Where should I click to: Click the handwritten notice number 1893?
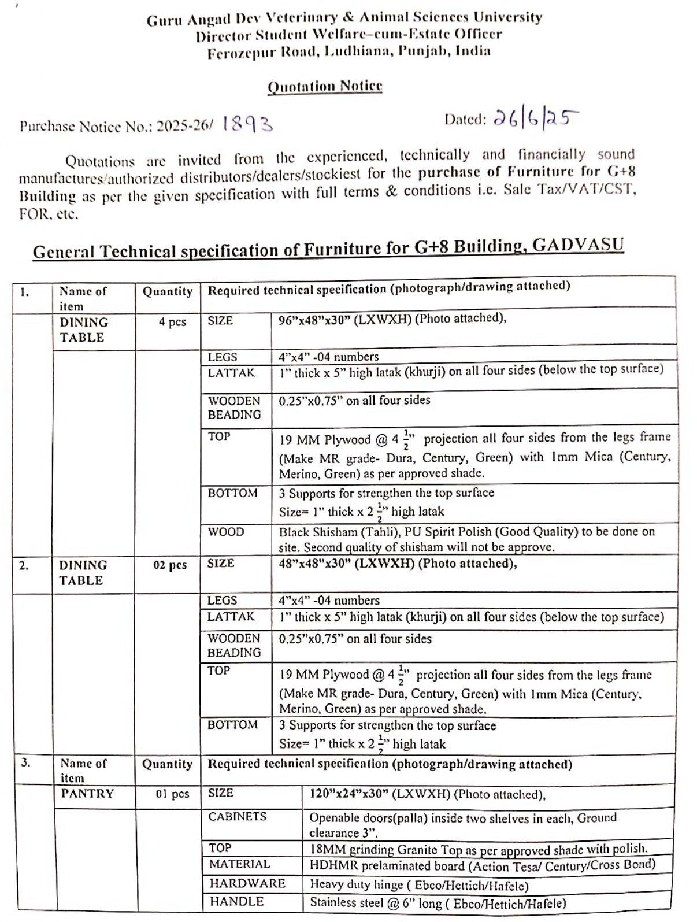(x=247, y=124)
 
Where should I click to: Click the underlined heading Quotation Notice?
(x=325, y=87)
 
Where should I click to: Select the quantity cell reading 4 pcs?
(x=172, y=322)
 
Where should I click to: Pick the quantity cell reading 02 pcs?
(x=170, y=565)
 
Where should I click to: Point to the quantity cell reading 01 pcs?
(x=172, y=794)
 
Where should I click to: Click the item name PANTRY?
(x=87, y=794)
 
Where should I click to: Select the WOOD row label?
(x=226, y=532)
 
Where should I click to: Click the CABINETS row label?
(x=238, y=817)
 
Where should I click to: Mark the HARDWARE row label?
(x=247, y=883)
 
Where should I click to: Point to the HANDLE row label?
(x=236, y=902)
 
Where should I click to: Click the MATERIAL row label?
(x=240, y=864)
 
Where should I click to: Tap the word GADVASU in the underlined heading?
(x=578, y=245)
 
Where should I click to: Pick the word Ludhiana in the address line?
(x=355, y=51)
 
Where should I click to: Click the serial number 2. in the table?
(x=24, y=566)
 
